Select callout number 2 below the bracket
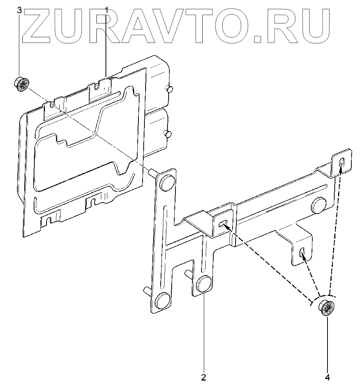pyautogui.click(x=203, y=377)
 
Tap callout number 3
pyautogui.click(x=20, y=9)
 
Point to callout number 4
pyautogui.click(x=327, y=377)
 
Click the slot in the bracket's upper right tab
pyautogui.click(x=342, y=162)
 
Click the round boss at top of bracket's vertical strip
pyautogui.click(x=167, y=181)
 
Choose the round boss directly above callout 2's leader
pyautogui.click(x=204, y=284)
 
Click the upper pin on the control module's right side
pyautogui.click(x=169, y=88)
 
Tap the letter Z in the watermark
pyautogui.click(x=36, y=26)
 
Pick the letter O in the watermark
pyautogui.click(x=228, y=26)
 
